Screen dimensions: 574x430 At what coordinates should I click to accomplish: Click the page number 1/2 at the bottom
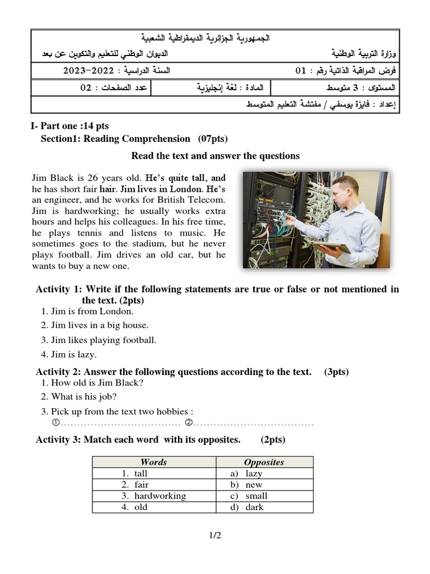tap(215, 535)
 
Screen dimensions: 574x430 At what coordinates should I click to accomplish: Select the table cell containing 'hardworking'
tap(154, 496)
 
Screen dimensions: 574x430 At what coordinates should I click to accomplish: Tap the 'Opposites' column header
tap(264, 462)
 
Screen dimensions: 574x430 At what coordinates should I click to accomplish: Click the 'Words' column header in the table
tap(153, 462)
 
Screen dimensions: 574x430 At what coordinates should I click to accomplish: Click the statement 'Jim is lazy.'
tap(68, 354)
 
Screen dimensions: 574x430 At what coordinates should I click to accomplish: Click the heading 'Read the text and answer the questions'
tap(215, 156)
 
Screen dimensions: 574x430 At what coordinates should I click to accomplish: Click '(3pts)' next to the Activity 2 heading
tap(336, 372)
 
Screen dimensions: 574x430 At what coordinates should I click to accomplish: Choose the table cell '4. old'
tap(134, 507)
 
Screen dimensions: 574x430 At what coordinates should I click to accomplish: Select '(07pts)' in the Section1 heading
tap(212, 138)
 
